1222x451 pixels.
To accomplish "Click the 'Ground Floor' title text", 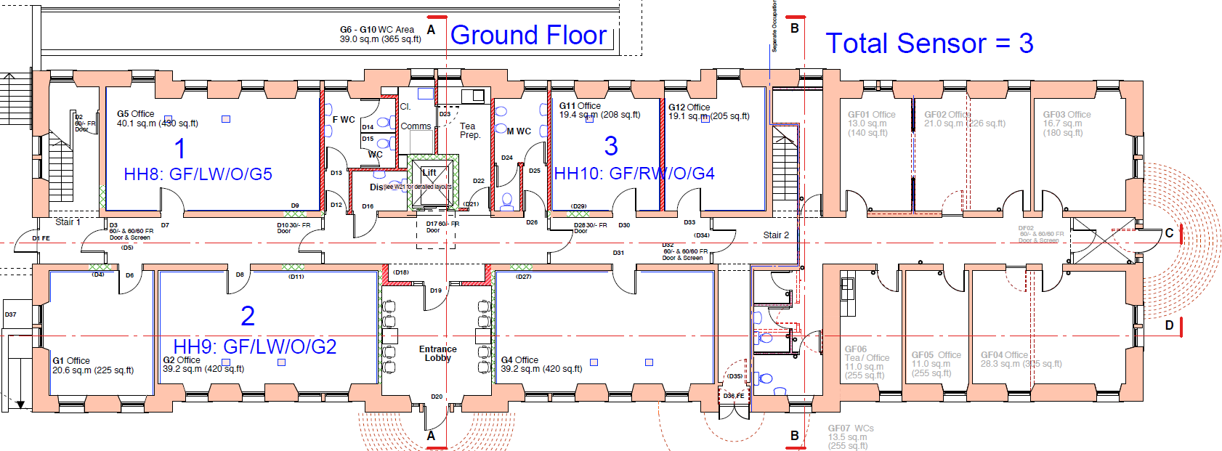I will (528, 36).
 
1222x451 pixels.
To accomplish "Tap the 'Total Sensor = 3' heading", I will (929, 44).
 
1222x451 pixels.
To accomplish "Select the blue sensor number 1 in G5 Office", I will (180, 149).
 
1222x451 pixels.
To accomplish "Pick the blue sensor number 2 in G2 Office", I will (248, 316).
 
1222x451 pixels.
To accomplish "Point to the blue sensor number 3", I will (611, 146).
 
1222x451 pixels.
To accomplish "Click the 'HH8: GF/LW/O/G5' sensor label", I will (198, 174).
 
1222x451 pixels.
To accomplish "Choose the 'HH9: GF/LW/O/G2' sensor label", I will (255, 346).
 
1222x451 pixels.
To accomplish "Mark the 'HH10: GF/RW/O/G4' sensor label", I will (634, 174).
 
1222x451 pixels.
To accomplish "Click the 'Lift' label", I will (429, 173).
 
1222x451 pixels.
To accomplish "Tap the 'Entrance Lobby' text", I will (437, 354).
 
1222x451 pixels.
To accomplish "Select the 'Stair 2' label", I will (776, 235).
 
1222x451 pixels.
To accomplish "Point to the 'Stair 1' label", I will (68, 222).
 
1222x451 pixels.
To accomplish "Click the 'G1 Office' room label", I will (71, 361).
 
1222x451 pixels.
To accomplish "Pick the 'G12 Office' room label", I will (689, 107).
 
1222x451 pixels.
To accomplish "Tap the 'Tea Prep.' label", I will (469, 131).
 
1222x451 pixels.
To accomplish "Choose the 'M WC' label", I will (519, 131).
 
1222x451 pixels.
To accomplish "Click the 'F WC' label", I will (344, 120).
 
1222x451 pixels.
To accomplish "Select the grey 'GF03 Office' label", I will (1067, 115).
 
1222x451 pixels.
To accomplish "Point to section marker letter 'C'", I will (1169, 233).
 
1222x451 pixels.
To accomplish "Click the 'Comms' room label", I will (416, 126).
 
